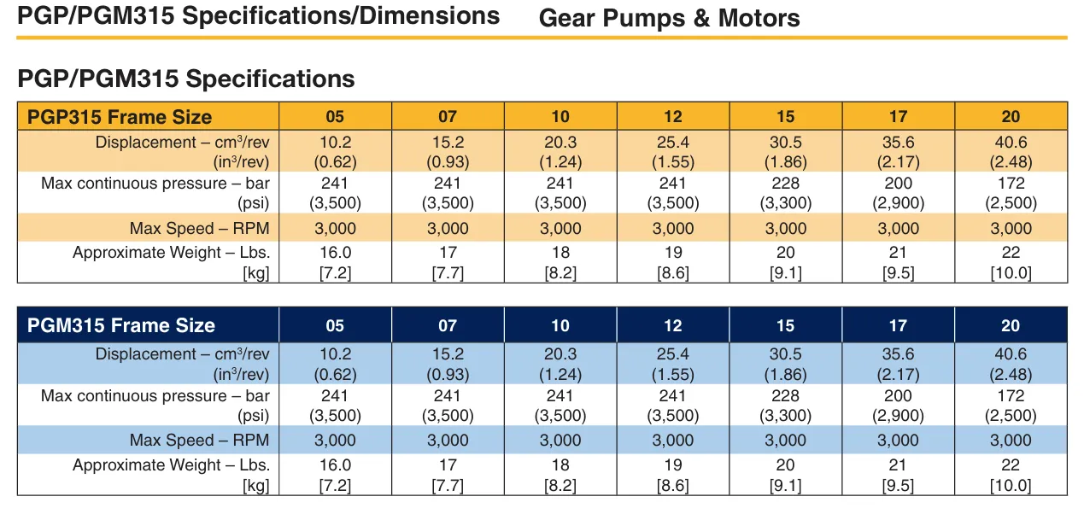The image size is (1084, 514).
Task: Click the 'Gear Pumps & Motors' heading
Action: tap(669, 18)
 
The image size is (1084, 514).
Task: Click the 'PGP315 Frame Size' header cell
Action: tap(120, 117)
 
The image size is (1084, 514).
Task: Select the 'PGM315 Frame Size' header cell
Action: tap(121, 325)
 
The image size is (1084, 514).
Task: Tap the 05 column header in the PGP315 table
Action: tap(335, 117)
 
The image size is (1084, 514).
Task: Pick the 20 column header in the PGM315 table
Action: tap(1011, 325)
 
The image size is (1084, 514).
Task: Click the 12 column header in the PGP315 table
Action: tap(673, 117)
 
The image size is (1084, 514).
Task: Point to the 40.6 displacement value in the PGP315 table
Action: tap(1011, 142)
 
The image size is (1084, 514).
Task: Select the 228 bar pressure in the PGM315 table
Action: tap(786, 395)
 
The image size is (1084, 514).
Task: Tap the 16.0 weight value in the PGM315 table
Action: tap(335, 465)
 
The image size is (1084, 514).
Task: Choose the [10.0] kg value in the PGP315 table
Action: tap(1011, 273)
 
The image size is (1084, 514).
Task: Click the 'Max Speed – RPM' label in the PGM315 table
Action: tap(199, 441)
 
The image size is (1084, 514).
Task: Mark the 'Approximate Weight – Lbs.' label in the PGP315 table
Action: tap(171, 253)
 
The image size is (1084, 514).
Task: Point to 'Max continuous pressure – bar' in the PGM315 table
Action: tap(155, 395)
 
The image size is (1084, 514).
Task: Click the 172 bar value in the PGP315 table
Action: tap(1011, 183)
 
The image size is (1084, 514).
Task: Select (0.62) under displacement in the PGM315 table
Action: tap(335, 374)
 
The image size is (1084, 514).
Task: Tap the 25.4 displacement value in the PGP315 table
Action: tap(673, 142)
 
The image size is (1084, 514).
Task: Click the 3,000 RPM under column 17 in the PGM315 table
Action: tap(898, 441)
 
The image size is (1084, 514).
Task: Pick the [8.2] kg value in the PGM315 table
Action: tap(560, 486)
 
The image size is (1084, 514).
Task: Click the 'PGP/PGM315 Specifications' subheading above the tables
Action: tap(185, 79)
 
